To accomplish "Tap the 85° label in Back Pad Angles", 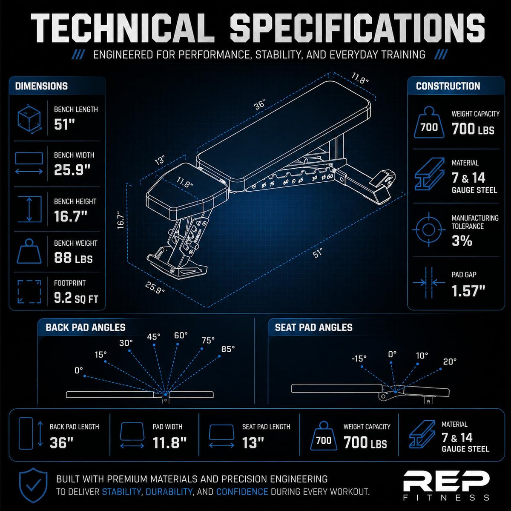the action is [x=228, y=349].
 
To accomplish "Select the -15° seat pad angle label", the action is [x=359, y=359].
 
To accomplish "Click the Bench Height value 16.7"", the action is [x=71, y=216].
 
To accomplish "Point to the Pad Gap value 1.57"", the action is [x=468, y=291].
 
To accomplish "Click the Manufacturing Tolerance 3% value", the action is [x=462, y=241].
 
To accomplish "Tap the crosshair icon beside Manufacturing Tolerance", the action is [x=429, y=230].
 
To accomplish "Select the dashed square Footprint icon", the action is [x=29, y=292].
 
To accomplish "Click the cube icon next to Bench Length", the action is [x=29, y=119].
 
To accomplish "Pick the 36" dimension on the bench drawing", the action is [x=260, y=104].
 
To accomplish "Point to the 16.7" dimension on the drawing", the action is [x=121, y=220].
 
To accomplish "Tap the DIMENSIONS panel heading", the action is [x=41, y=86].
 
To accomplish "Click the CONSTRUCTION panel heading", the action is [x=448, y=86].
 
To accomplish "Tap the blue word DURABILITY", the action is [x=169, y=492].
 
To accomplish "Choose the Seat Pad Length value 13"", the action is [x=253, y=442].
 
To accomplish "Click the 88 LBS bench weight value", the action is [x=73, y=258].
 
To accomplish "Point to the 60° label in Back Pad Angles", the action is [x=181, y=336].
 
